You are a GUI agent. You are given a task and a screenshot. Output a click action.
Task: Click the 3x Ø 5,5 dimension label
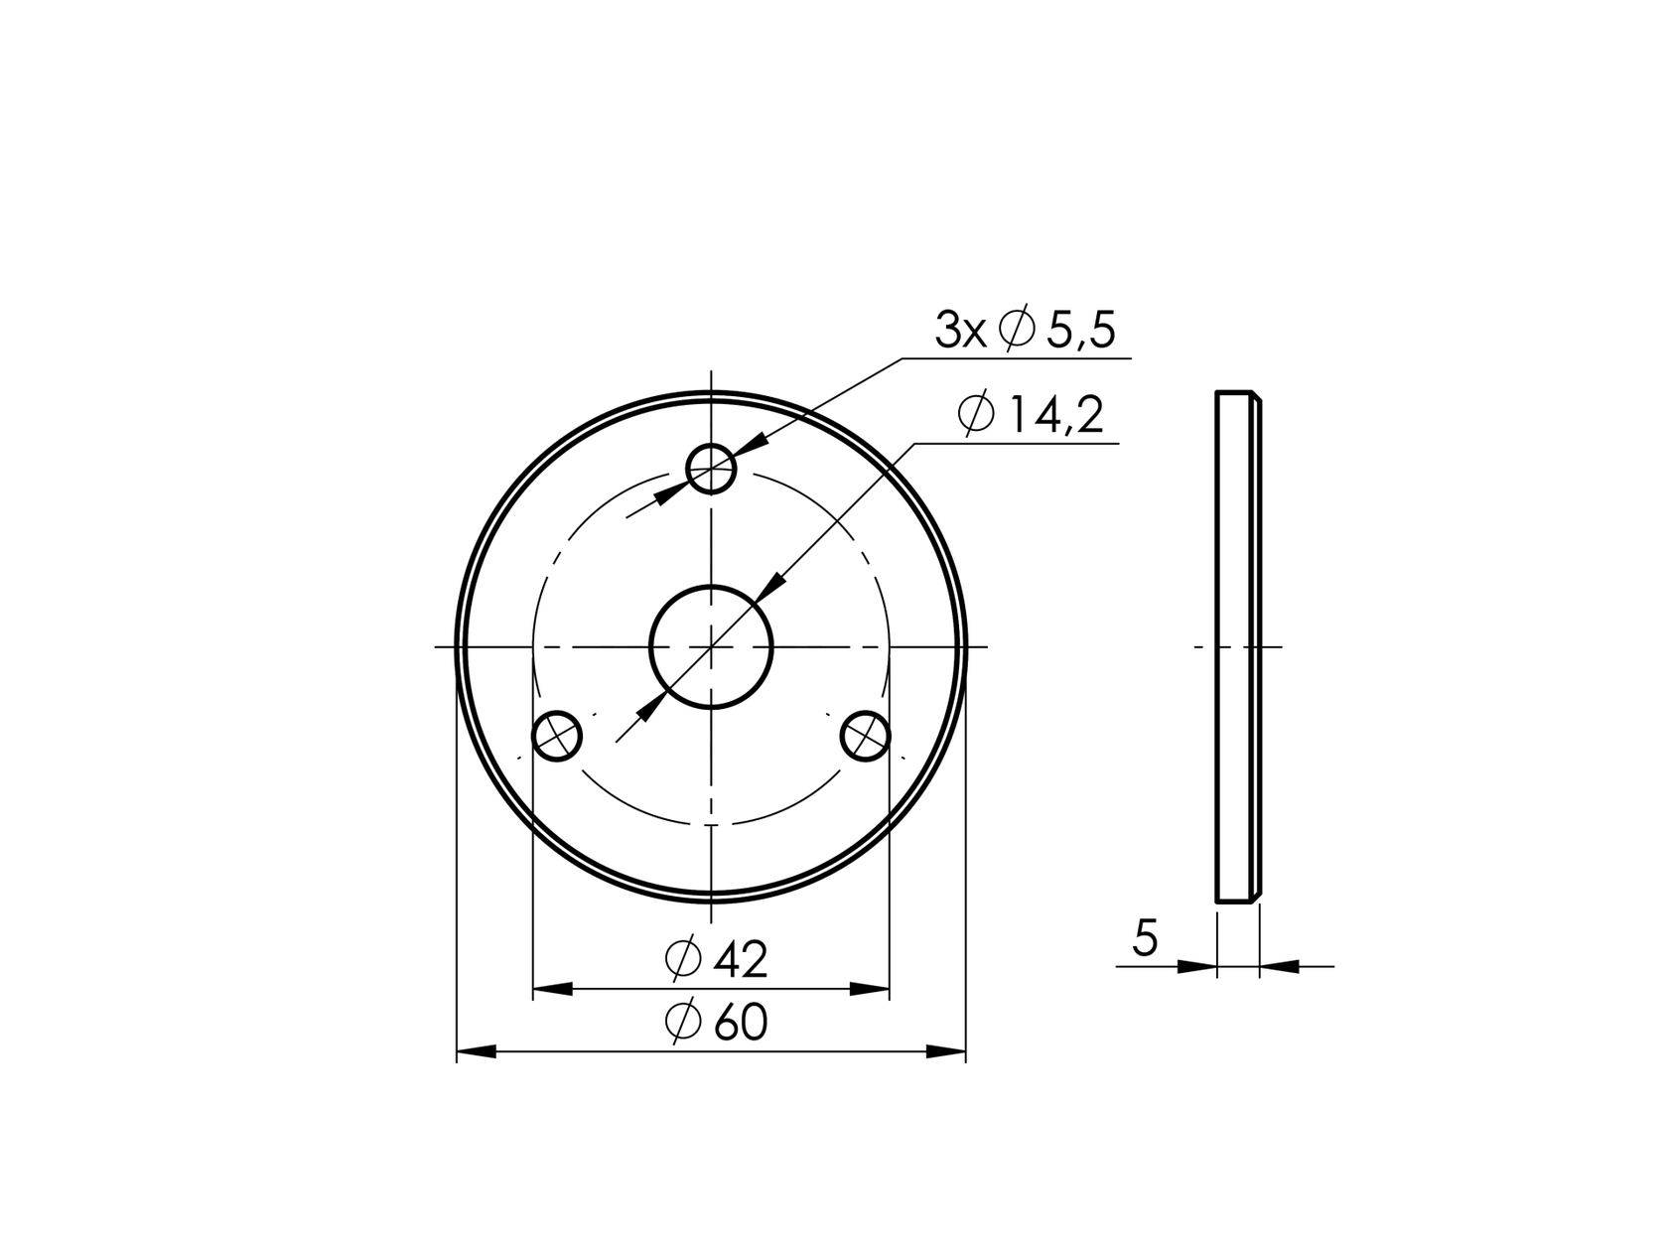click(x=1025, y=331)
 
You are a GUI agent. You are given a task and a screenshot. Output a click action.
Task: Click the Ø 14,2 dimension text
click(x=1031, y=415)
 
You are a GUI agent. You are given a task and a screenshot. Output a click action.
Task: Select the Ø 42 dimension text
click(x=716, y=959)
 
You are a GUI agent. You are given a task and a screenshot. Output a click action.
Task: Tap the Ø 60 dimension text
click(x=716, y=1023)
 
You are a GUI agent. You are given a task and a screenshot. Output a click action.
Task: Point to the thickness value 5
click(x=1145, y=938)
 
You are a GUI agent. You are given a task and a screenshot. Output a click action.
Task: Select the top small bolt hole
click(x=711, y=468)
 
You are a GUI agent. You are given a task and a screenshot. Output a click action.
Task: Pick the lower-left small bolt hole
click(x=557, y=736)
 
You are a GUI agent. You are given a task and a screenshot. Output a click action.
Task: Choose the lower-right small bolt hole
click(x=865, y=736)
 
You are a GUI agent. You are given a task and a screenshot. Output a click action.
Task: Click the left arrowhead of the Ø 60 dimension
click(x=476, y=1051)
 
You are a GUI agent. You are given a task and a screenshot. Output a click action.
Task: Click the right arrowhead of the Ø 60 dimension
click(x=946, y=1051)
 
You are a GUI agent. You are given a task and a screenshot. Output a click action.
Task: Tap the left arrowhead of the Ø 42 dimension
click(x=553, y=989)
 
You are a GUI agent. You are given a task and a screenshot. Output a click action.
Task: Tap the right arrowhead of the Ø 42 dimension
click(x=870, y=989)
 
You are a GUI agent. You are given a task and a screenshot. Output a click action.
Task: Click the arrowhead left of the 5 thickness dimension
click(x=1196, y=965)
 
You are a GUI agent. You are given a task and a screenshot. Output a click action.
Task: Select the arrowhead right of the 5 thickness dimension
click(x=1280, y=965)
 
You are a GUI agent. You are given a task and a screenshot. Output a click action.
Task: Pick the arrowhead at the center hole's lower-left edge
click(x=652, y=705)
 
